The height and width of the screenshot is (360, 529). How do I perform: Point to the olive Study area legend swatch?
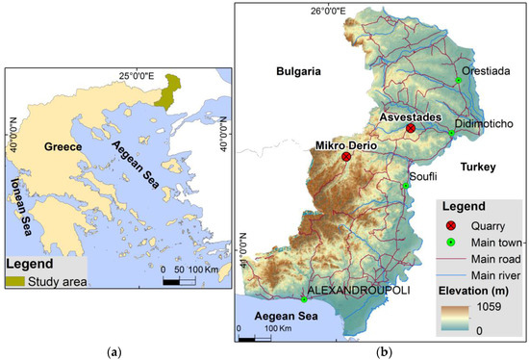pyautogui.click(x=23, y=281)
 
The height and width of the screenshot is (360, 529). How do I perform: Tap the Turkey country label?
pyautogui.click(x=476, y=167)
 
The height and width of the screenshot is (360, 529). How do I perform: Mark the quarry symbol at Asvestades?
pyautogui.click(x=411, y=128)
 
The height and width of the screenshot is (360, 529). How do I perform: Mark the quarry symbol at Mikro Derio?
pyautogui.click(x=346, y=157)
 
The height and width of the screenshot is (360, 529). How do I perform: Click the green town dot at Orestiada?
pyautogui.click(x=460, y=81)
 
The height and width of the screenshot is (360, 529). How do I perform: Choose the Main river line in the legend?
pyautogui.click(x=449, y=274)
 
